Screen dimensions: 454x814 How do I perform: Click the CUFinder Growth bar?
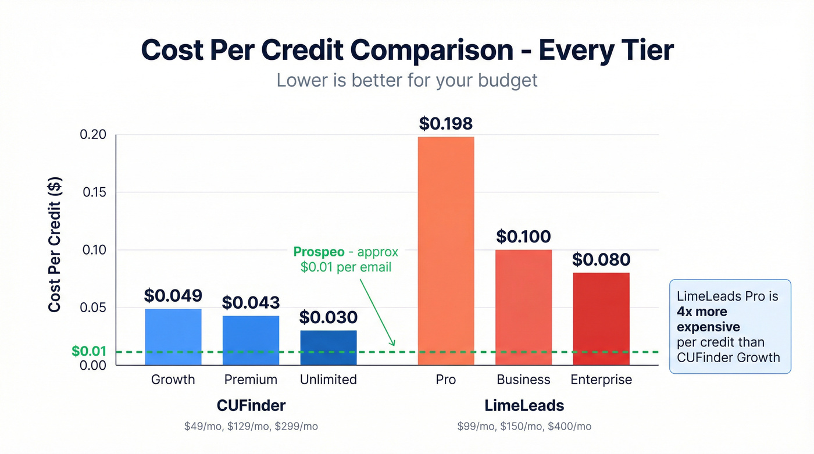[173, 337]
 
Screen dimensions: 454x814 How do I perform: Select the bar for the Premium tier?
[251, 340]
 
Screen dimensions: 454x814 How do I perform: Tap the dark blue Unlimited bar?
[329, 348]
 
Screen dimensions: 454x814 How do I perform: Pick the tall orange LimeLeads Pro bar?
[446, 251]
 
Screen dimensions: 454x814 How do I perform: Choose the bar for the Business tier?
[523, 307]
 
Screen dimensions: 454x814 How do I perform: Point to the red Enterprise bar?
[601, 319]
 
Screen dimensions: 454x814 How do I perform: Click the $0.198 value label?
[446, 124]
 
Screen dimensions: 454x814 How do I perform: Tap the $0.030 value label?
[329, 317]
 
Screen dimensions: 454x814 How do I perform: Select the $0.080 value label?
[601, 259]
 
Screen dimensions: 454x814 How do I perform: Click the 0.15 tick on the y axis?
[95, 192]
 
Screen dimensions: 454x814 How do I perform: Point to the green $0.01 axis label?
[88, 352]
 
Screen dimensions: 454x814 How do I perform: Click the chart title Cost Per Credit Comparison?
[407, 50]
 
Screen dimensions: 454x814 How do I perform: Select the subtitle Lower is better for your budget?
[407, 80]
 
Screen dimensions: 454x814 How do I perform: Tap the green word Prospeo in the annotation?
[319, 252]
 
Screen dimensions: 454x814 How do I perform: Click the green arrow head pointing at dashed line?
[393, 344]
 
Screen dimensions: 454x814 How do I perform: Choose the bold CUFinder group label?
[251, 405]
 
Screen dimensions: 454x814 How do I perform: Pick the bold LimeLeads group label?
[524, 405]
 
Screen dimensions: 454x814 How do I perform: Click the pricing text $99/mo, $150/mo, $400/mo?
[524, 427]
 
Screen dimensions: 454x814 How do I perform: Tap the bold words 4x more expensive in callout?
[708, 319]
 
